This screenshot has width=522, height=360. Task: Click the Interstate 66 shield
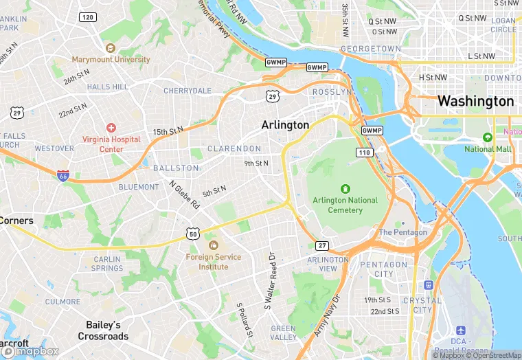(x=63, y=176)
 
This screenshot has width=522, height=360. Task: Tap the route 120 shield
(x=87, y=16)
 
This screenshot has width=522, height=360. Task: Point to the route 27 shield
(x=322, y=245)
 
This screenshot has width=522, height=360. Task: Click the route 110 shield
(x=363, y=152)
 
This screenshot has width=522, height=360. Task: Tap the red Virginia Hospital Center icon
(x=111, y=128)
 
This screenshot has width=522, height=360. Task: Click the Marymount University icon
(x=111, y=48)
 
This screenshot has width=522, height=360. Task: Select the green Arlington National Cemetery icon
(x=345, y=188)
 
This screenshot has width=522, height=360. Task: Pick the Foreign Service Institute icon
(x=213, y=245)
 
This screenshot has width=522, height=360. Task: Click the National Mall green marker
(x=488, y=137)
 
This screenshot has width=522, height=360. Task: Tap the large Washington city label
(x=475, y=101)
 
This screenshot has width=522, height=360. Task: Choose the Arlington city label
(x=285, y=125)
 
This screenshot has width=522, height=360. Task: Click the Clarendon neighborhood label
(x=234, y=148)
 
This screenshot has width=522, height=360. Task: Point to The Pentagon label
(x=402, y=232)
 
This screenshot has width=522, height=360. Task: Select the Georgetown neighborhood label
(x=370, y=49)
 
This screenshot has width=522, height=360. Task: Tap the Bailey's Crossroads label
(x=103, y=330)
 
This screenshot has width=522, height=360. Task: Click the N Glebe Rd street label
(x=184, y=194)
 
